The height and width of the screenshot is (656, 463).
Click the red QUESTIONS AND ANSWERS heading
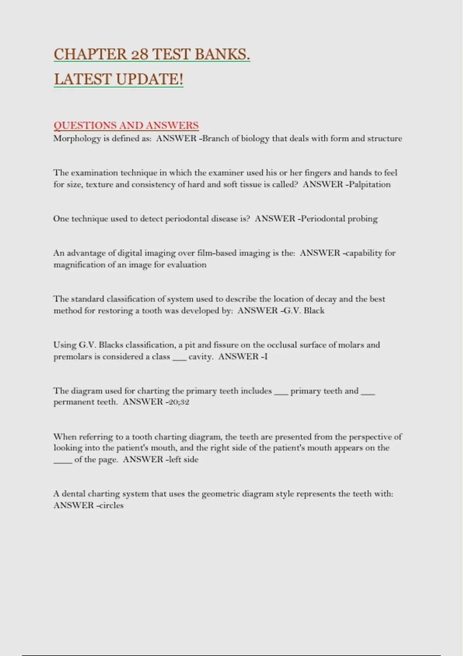pyautogui.click(x=126, y=125)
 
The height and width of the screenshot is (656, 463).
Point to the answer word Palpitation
pyautogui.click(x=370, y=184)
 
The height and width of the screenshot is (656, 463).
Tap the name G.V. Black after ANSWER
pyautogui.click(x=304, y=311)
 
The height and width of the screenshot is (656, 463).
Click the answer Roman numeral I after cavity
pyautogui.click(x=266, y=357)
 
